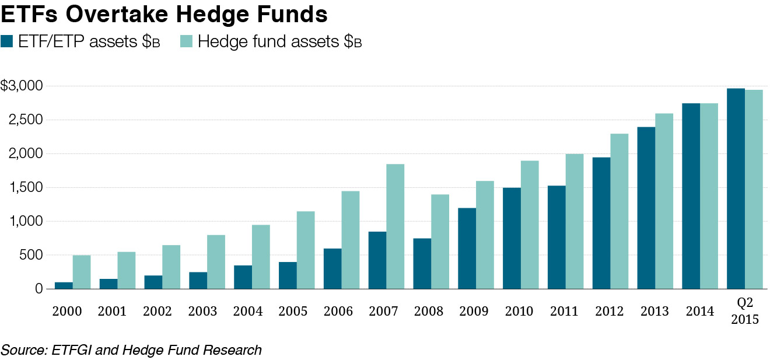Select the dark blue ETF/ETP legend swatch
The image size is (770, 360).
point(8,41)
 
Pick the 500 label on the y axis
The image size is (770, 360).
point(30,255)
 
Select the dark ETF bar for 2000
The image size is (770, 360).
point(64,285)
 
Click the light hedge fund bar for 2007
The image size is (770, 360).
point(395,226)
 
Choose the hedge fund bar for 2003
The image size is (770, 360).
point(216,261)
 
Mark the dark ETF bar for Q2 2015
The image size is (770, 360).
point(736,188)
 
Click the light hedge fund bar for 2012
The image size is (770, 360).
point(619,211)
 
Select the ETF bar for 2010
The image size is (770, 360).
point(512,238)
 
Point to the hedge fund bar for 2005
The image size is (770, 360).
point(306,250)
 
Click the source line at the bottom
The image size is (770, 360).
point(131,350)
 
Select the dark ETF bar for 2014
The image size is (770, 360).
point(691,196)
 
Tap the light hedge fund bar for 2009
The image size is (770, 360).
point(485,235)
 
